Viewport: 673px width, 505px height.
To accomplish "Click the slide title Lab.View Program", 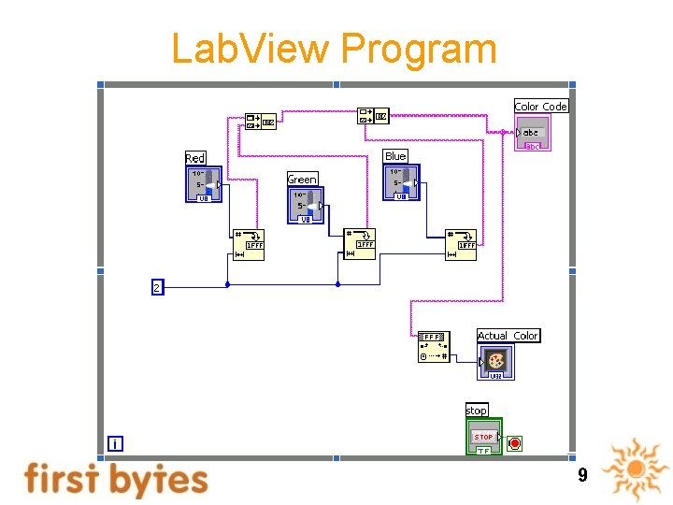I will tap(334, 49).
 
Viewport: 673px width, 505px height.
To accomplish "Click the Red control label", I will tap(195, 158).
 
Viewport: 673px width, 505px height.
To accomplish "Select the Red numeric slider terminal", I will tap(204, 184).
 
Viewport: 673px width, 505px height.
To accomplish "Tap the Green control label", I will tap(302, 179).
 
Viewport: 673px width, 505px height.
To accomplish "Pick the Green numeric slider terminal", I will tap(305, 206).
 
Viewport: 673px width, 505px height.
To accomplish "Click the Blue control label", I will tap(395, 156).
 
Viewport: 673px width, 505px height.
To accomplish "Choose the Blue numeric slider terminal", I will tap(401, 182).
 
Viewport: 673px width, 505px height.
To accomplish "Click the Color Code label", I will tap(540, 107).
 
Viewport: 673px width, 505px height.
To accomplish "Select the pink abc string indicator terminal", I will tap(532, 134).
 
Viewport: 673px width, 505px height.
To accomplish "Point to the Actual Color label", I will tap(508, 336).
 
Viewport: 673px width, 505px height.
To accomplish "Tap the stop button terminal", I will tap(484, 437).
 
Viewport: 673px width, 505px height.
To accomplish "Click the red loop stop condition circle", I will tap(515, 442).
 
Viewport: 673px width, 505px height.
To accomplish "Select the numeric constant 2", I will tap(156, 287).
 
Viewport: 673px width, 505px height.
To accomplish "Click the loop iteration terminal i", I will tap(114, 444).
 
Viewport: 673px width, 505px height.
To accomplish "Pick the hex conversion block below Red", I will tap(249, 244).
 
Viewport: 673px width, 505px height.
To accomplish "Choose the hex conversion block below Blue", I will tap(461, 244).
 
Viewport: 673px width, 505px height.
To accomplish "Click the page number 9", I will tap(582, 475).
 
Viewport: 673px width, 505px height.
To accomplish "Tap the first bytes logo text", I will tap(116, 479).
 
